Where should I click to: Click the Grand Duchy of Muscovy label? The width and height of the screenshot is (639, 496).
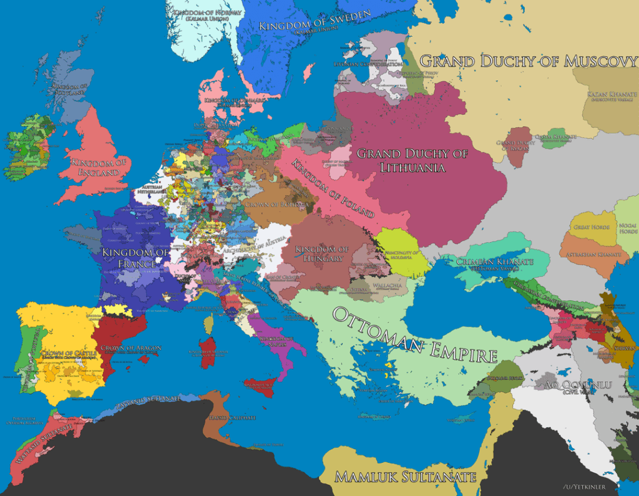click(x=528, y=61)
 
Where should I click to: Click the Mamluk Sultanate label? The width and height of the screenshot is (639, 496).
click(x=406, y=477)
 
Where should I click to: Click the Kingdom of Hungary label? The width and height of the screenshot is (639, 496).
click(x=320, y=254)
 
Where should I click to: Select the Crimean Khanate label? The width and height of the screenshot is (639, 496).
click(x=494, y=261)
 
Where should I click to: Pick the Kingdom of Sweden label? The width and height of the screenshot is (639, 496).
click(x=315, y=21)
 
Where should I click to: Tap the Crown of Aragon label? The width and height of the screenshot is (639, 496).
click(x=130, y=348)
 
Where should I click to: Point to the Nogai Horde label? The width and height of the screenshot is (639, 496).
click(x=627, y=227)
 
